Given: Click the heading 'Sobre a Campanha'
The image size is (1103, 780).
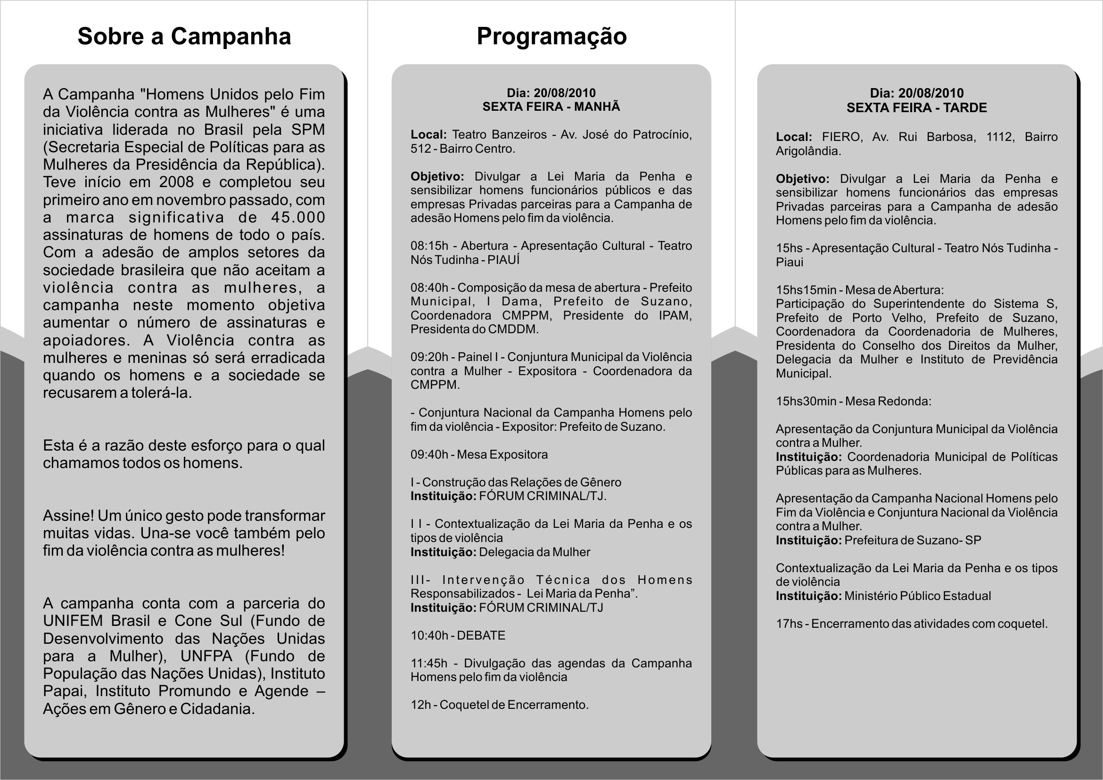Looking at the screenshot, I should click(184, 36).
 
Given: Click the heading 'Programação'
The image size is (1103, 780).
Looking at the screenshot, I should click(551, 36).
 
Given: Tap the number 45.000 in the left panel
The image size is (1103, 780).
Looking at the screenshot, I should click(298, 217).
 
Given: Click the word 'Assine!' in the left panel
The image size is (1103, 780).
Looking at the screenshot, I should click(68, 515).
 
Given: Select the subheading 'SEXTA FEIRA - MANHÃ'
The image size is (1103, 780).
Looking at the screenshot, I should click(551, 107).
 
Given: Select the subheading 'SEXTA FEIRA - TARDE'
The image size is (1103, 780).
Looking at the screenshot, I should click(917, 107).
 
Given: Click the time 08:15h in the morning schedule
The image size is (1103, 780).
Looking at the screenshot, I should click(429, 246).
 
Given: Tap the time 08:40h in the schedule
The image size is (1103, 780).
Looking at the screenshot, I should click(429, 287).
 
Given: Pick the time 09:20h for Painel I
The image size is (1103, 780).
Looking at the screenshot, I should click(429, 357).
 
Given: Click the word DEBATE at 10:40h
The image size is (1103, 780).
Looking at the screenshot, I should click(481, 635).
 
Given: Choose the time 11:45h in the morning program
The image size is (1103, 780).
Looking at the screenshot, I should click(429, 663).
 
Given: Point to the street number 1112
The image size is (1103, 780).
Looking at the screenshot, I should click(999, 137).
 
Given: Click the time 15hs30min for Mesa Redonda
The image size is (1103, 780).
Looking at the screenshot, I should click(806, 401).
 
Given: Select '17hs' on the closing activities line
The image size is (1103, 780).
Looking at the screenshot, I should click(789, 624).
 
